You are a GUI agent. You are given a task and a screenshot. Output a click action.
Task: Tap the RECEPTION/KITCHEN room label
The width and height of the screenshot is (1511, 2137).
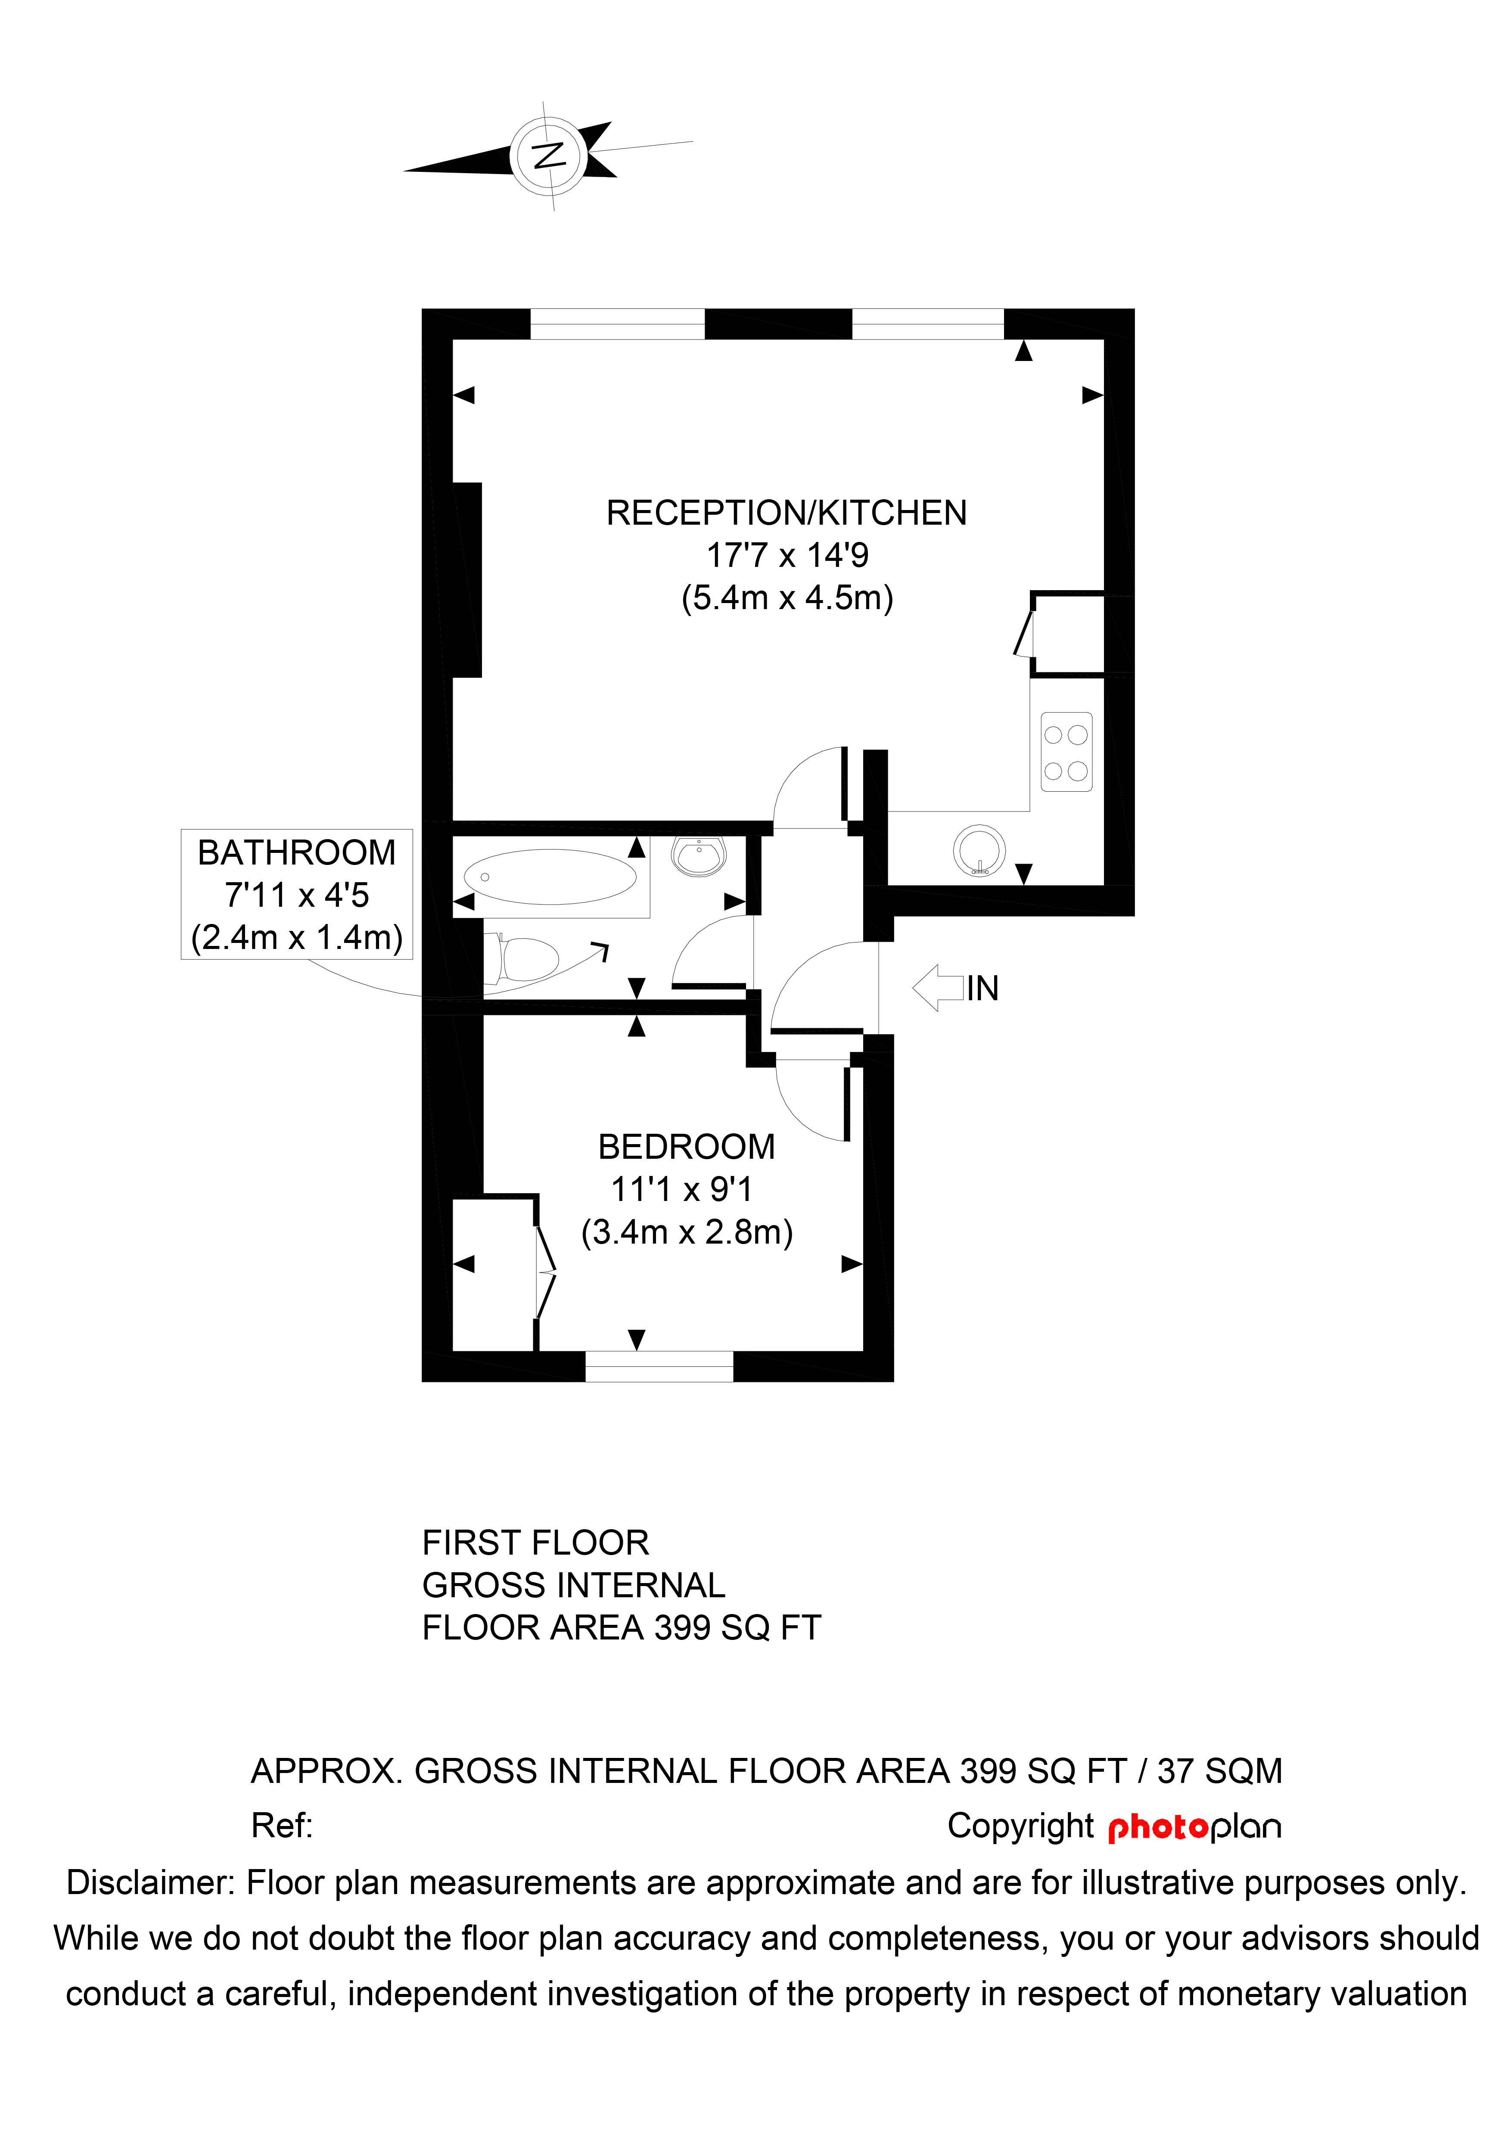pos(786,513)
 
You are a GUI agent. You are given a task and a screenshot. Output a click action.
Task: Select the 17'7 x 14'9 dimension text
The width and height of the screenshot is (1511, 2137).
pos(786,556)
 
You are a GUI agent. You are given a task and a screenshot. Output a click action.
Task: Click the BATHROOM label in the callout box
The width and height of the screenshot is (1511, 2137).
pos(296,852)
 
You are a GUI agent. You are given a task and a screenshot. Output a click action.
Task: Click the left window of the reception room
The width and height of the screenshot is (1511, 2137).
pos(617,324)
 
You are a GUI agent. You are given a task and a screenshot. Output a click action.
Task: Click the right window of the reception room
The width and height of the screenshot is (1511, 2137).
pos(928,324)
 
